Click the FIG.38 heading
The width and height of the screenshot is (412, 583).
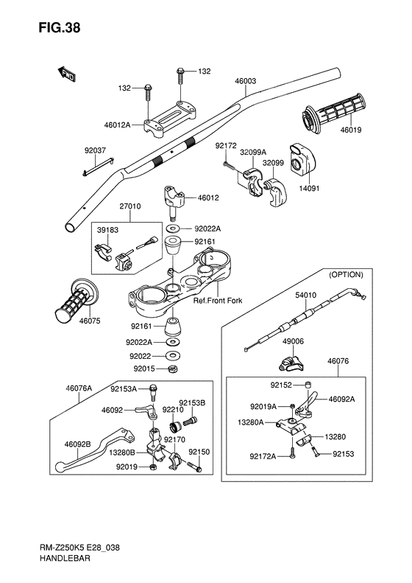click(60, 28)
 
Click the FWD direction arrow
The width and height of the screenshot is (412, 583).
click(67, 74)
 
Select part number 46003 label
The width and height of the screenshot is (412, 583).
click(245, 81)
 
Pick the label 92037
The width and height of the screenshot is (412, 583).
click(95, 150)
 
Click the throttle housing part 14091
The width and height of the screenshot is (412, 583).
click(301, 160)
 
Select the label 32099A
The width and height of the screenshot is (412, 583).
click(253, 152)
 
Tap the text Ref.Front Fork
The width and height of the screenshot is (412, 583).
click(218, 300)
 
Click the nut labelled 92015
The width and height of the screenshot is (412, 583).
click(173, 369)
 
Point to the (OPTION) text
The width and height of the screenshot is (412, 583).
click(346, 275)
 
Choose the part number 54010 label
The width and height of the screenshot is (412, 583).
click(306, 296)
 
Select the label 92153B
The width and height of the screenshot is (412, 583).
click(192, 403)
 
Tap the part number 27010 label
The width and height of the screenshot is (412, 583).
click(130, 206)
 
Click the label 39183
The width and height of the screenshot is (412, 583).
click(107, 230)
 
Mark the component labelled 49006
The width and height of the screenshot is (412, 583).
click(291, 364)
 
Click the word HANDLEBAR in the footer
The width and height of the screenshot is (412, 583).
click(65, 558)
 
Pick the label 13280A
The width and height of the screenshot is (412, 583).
click(251, 422)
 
